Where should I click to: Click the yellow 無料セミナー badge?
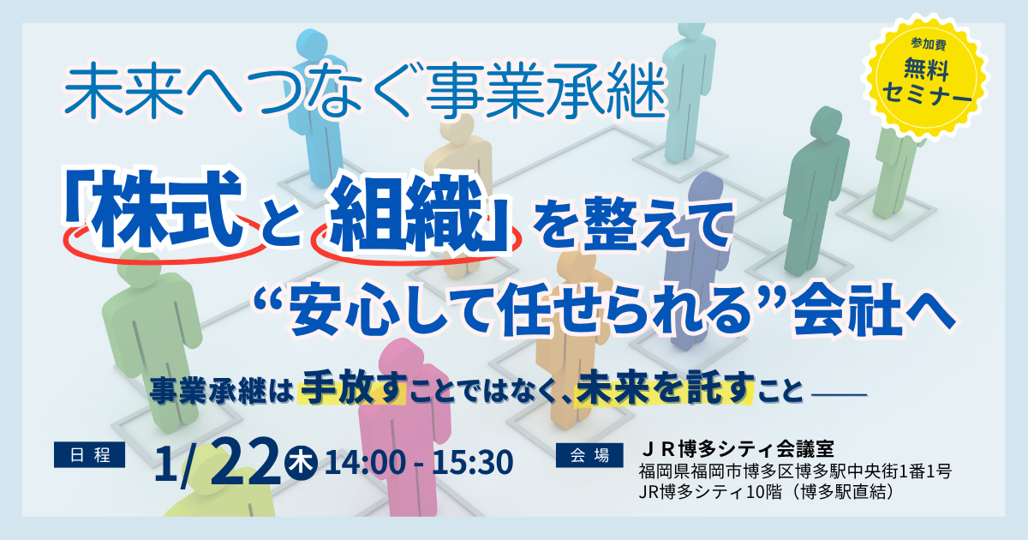(x=925, y=77)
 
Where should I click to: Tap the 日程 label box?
(x=89, y=454)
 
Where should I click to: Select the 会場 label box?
(x=589, y=455)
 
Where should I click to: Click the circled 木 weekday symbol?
(x=301, y=462)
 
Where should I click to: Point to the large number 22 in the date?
(x=246, y=462)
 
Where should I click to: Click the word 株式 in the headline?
(x=165, y=210)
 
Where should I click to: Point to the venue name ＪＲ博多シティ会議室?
(x=738, y=449)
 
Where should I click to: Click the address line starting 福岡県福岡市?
(x=795, y=471)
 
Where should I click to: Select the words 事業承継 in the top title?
(x=547, y=93)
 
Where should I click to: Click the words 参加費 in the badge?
(x=929, y=44)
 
